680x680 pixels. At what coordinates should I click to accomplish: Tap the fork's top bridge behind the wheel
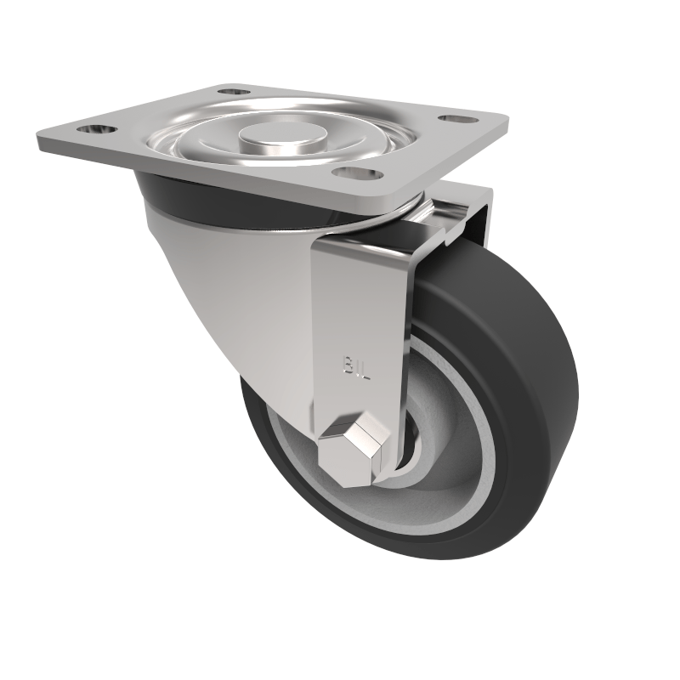coord(463,204)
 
